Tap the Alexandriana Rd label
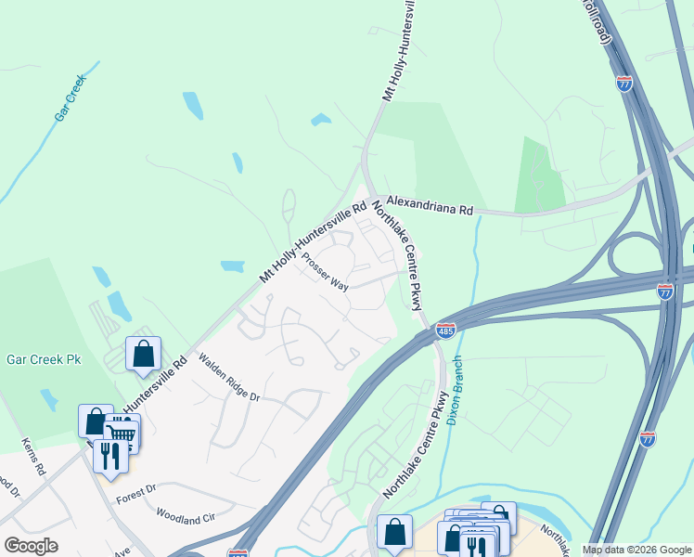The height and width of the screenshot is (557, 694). [x=430, y=205]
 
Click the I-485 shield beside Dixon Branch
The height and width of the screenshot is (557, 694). [x=446, y=331]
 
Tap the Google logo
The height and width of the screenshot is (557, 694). [x=31, y=545]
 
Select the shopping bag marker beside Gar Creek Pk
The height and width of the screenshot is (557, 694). [x=143, y=354]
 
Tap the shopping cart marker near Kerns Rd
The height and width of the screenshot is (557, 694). [x=122, y=434]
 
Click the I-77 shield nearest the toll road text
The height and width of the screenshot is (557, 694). [x=624, y=83]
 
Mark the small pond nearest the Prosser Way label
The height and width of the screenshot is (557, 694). [x=232, y=266]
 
